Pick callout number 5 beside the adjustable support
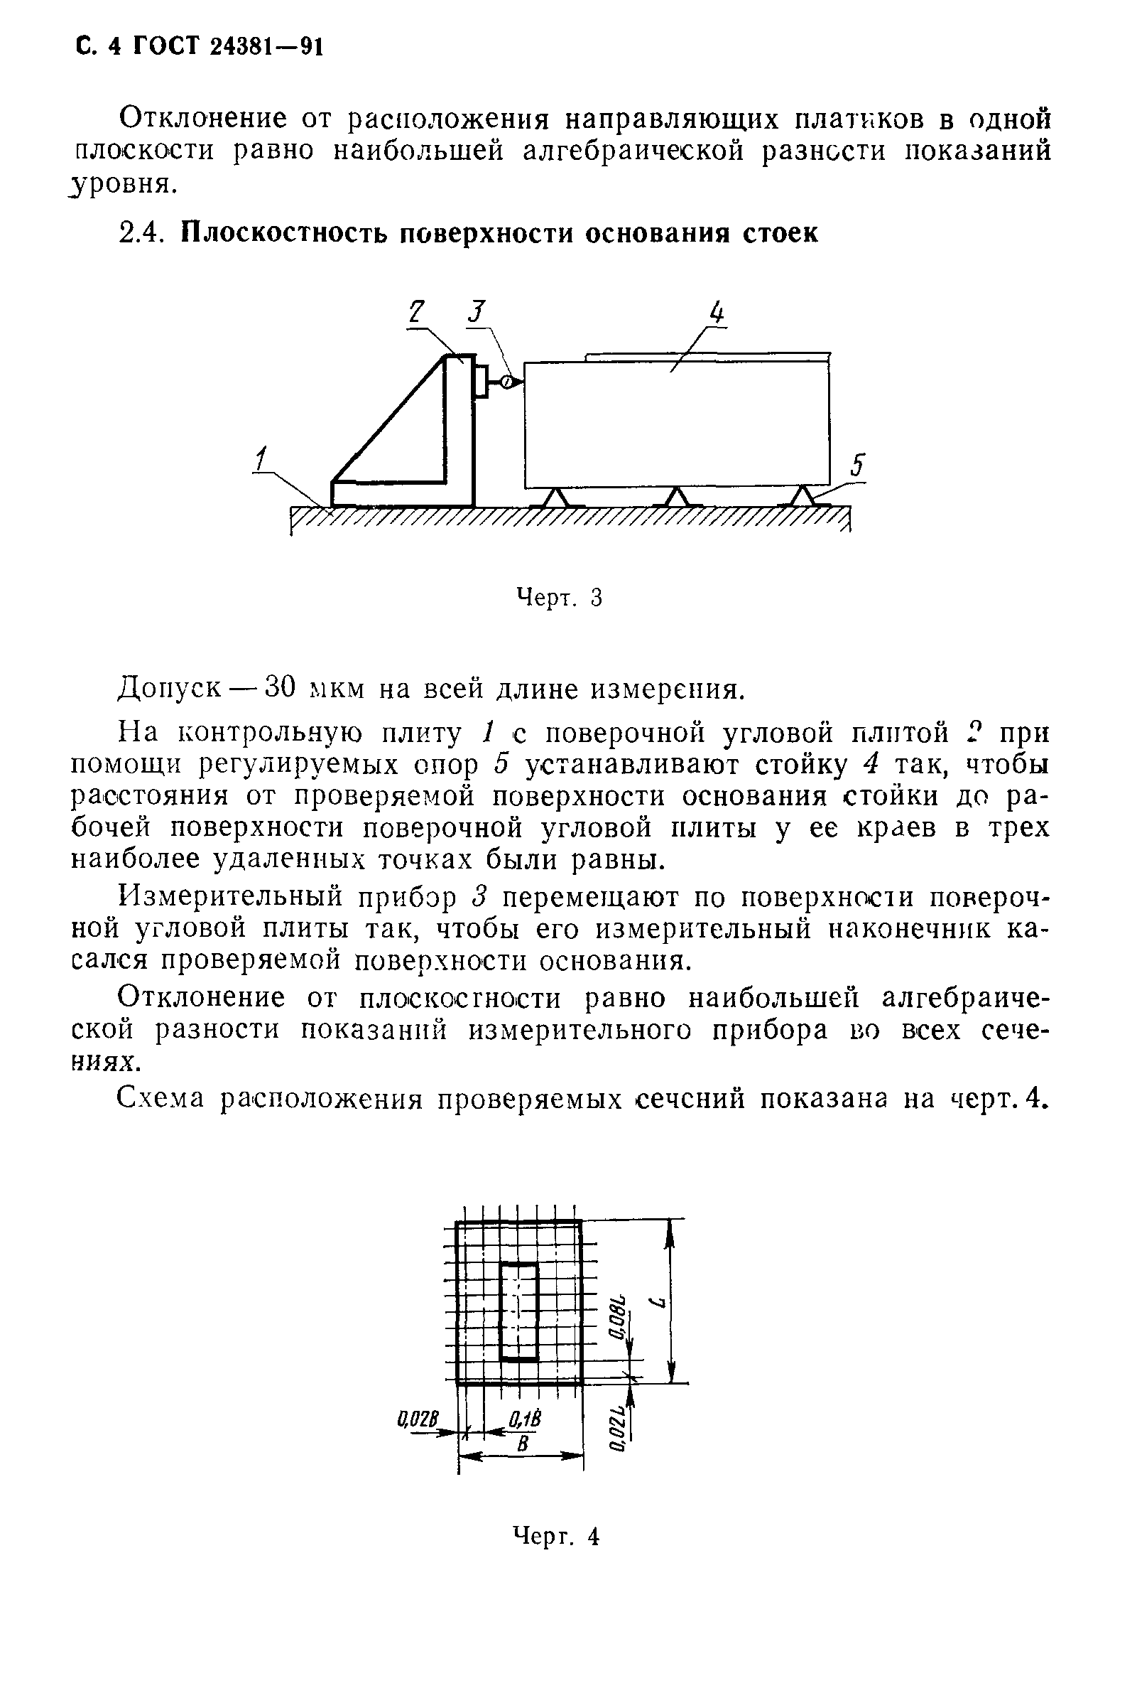858,465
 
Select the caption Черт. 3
558,598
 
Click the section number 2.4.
142,233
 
